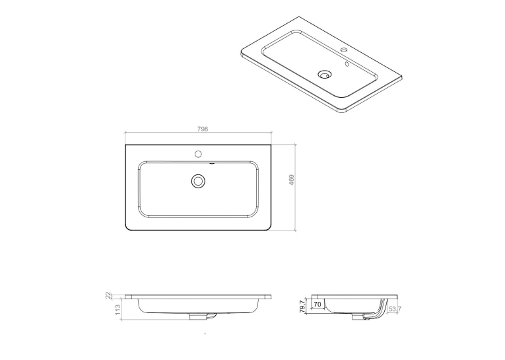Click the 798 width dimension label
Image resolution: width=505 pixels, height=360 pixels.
[x=203, y=129]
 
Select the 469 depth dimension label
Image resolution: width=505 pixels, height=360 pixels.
[x=292, y=180]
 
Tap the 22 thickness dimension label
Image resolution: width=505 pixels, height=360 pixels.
[x=108, y=295]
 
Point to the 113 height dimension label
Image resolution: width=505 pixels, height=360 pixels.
[x=118, y=309]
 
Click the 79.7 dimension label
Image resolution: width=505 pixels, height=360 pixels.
[x=302, y=306]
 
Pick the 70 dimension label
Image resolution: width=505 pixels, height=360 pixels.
[x=318, y=305]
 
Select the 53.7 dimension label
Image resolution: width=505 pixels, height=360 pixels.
[x=395, y=309]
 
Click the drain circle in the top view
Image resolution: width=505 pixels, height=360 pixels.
[x=198, y=181]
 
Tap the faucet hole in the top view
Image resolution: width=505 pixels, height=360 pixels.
[x=198, y=154]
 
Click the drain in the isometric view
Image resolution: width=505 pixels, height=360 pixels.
[x=323, y=75]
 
